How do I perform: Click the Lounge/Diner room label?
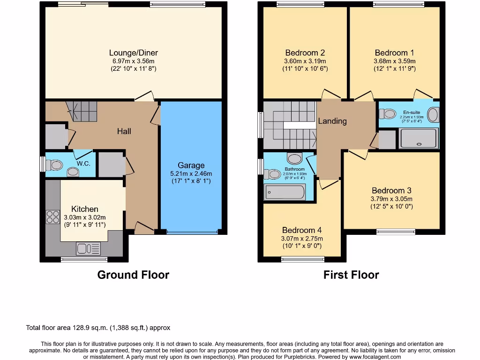tap(133, 52)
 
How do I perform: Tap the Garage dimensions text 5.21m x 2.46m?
tap(191, 173)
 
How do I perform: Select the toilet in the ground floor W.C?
tap(56, 165)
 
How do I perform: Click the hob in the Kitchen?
tap(50, 216)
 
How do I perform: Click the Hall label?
tap(124, 131)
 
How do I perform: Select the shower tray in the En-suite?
tap(419, 139)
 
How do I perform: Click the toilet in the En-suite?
tap(388, 114)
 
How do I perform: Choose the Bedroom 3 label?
tap(391, 190)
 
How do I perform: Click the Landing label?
tap(332, 121)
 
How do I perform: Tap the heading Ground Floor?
tap(133, 275)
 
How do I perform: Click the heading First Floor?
tap(351, 275)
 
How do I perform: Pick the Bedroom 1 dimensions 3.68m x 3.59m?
tap(394, 61)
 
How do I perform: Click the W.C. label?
tap(83, 164)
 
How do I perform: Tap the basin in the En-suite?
tap(433, 115)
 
